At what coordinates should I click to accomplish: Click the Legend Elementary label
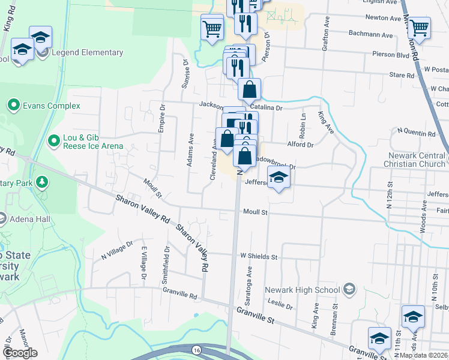(87, 53)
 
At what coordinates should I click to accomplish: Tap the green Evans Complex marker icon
(13, 106)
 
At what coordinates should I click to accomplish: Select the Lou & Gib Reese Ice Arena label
(93, 141)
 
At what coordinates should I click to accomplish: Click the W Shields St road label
(259, 256)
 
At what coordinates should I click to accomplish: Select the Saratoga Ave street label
(247, 273)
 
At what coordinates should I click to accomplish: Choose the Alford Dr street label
(300, 145)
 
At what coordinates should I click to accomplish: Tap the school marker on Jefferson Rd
(279, 177)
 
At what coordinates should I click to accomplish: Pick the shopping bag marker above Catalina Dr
(249, 90)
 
